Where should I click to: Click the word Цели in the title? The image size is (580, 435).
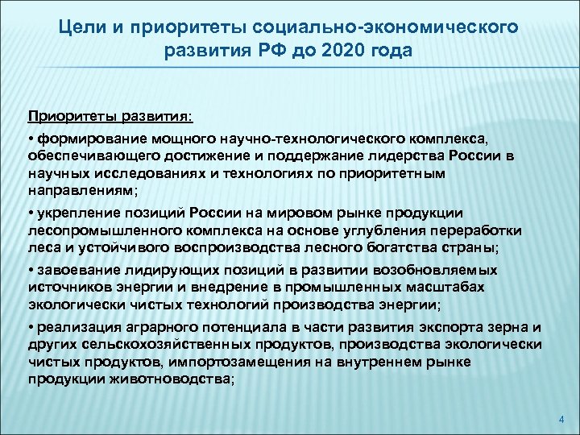tap(81, 29)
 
